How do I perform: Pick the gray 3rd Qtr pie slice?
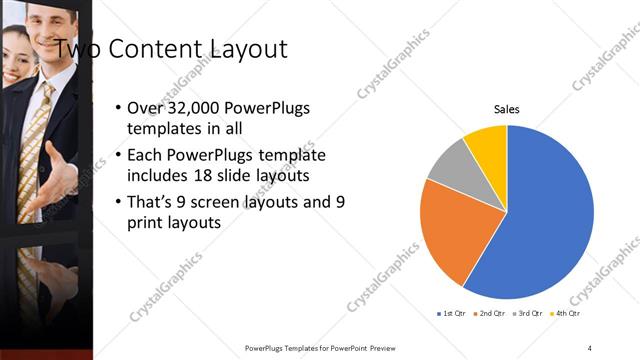[x=449, y=164]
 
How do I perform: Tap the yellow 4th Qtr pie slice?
[x=489, y=144]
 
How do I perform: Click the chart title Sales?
[x=507, y=110]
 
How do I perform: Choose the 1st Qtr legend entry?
[x=451, y=314]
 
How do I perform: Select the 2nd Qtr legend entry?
[x=489, y=314]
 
